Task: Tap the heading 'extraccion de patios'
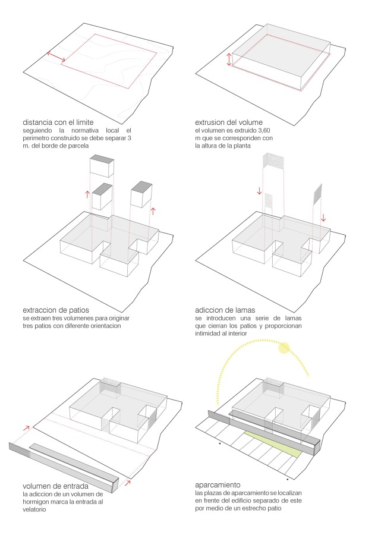coord(58,310)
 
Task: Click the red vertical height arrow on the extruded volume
coord(229,60)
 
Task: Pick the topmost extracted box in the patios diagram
coord(101,166)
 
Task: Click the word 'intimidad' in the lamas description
coord(211,333)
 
